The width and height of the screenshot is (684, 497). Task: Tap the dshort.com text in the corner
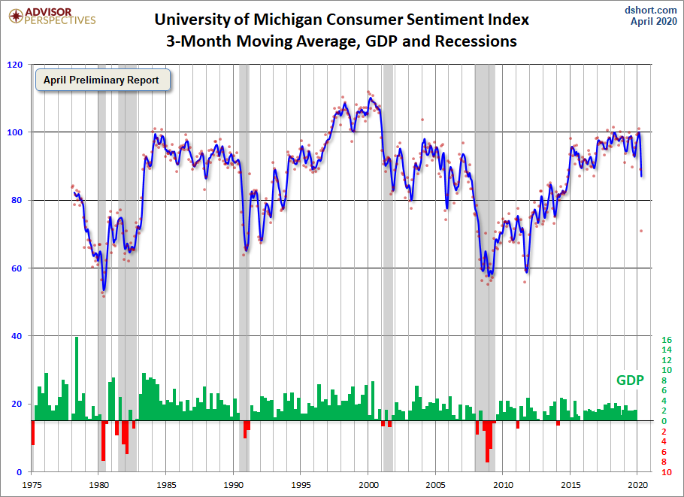(651, 9)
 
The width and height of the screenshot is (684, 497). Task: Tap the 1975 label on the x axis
(32, 486)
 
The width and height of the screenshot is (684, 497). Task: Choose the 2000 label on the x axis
(368, 486)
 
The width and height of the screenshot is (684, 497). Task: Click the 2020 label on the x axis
(637, 486)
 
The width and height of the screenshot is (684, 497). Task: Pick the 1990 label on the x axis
(234, 486)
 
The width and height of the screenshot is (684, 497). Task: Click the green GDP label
(630, 380)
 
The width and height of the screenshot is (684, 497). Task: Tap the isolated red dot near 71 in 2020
(641, 231)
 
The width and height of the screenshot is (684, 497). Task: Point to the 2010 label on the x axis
(503, 486)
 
